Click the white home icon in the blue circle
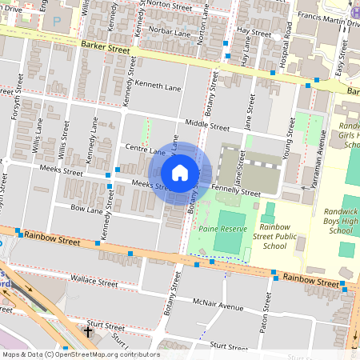(180, 172)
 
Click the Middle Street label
(206, 126)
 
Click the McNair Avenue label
(217, 306)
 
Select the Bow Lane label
(87, 210)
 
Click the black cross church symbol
(88, 330)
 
